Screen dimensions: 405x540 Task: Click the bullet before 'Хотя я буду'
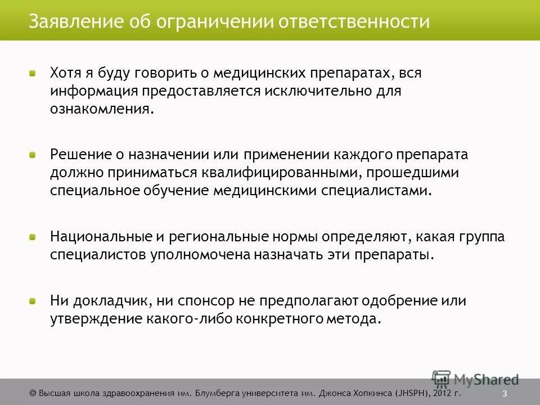coord(33,73)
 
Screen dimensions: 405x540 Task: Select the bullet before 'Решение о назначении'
coord(33,154)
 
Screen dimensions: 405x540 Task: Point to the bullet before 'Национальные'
coord(33,237)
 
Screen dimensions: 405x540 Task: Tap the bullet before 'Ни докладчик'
coord(33,301)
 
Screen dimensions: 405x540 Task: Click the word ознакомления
coord(101,109)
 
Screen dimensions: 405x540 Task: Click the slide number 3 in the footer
coord(505,393)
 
